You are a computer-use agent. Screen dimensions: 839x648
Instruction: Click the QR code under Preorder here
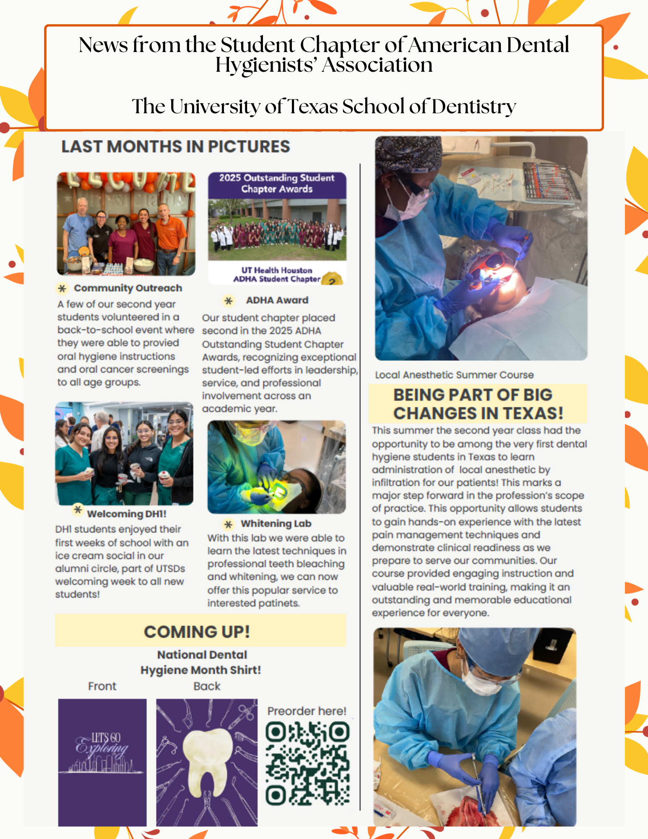point(307,763)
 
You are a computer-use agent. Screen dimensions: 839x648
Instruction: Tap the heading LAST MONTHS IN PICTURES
point(176,147)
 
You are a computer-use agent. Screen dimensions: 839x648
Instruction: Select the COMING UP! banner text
point(197,632)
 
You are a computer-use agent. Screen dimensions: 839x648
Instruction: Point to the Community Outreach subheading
point(128,288)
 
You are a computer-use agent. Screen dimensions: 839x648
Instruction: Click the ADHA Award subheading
point(277,300)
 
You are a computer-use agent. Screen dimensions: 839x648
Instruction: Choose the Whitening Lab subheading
point(276,524)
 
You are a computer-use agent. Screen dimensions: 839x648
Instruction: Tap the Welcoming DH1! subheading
point(126,514)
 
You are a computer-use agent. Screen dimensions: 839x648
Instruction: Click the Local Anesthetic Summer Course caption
point(454,375)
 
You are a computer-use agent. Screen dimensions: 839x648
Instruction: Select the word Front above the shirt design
point(102,686)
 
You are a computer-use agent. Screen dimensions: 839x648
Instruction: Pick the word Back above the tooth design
point(207,686)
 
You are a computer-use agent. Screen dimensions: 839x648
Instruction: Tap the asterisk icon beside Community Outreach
point(62,288)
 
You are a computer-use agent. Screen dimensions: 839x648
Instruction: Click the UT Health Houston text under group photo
point(277,270)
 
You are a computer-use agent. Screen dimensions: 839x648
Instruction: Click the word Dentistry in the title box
point(474,107)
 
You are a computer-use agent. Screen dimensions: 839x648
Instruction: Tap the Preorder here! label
point(307,711)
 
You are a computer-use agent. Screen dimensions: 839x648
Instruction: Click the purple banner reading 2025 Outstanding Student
point(277,184)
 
